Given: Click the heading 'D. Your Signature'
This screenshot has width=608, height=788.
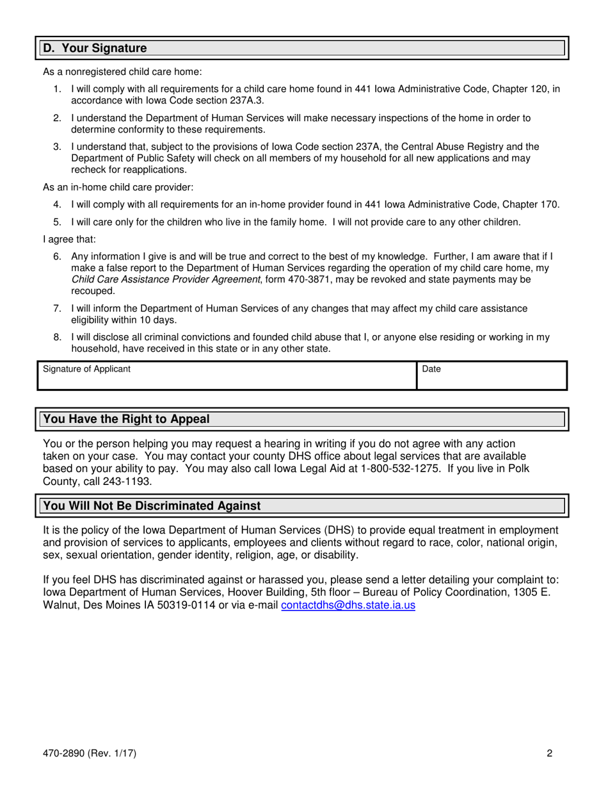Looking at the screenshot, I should pos(95,48).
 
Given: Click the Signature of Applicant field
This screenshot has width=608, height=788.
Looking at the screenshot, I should pos(227,375).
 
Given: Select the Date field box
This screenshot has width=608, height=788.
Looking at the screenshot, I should pos(492,375).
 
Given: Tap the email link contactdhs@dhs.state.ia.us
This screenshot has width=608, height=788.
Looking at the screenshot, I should pos(348,605).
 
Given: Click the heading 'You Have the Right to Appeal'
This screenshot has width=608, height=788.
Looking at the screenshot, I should pos(126,419).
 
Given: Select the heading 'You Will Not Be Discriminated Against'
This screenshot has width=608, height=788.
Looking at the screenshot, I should pos(152,505).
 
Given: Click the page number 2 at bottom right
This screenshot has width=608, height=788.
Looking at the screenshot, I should pos(549,753).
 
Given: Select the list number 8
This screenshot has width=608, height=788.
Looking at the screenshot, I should pos(57,337).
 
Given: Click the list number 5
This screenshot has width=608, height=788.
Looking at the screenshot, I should pos(57,222).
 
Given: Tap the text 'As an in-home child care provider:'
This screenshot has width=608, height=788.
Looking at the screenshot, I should pos(118,187).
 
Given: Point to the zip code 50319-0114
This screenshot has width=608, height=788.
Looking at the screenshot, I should pos(180,605).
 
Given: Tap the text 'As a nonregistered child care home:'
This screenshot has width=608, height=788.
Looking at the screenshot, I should pos(122,72).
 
